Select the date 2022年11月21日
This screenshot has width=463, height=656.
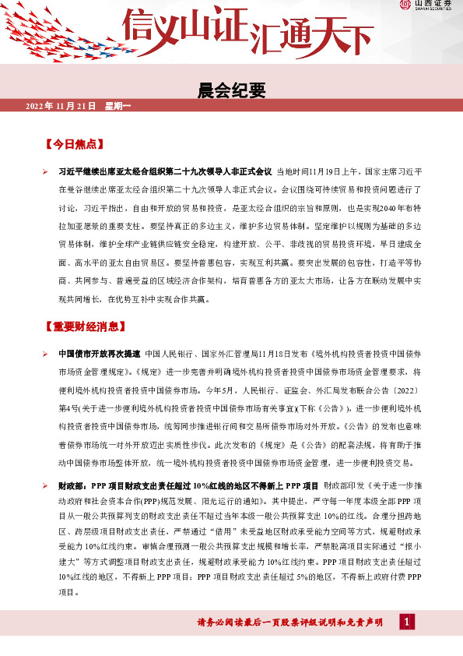[x=60, y=105]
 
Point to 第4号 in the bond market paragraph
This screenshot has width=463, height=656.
[x=68, y=407]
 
